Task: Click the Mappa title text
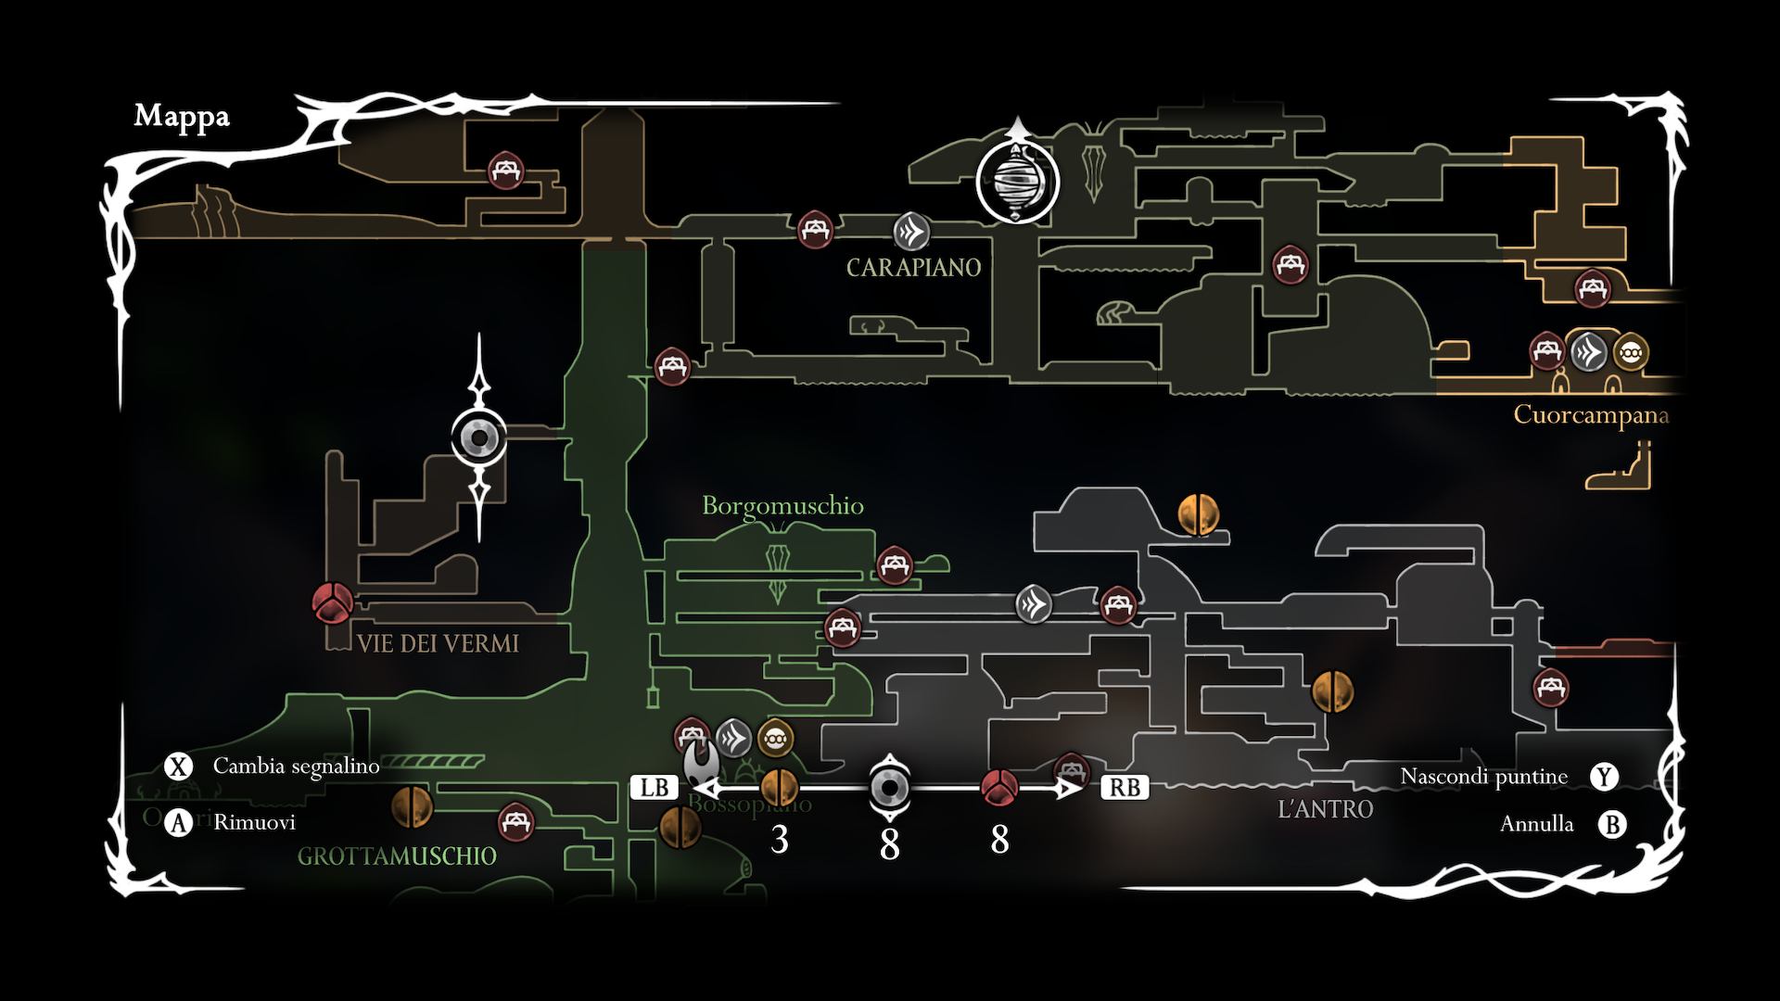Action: click(182, 117)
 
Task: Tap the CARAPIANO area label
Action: click(913, 268)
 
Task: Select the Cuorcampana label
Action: click(1591, 414)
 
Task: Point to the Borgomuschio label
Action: click(782, 506)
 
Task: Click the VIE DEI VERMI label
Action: click(438, 643)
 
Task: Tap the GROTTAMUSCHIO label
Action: click(397, 855)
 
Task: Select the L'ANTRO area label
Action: click(1325, 809)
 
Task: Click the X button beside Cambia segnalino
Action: click(178, 767)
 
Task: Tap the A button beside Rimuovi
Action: click(178, 822)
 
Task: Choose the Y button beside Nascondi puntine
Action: click(1605, 777)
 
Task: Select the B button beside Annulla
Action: click(1613, 824)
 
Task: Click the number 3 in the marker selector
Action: click(780, 840)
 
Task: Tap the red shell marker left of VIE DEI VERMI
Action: click(331, 602)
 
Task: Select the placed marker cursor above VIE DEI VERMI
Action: click(479, 437)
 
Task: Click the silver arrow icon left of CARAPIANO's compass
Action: click(911, 231)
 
